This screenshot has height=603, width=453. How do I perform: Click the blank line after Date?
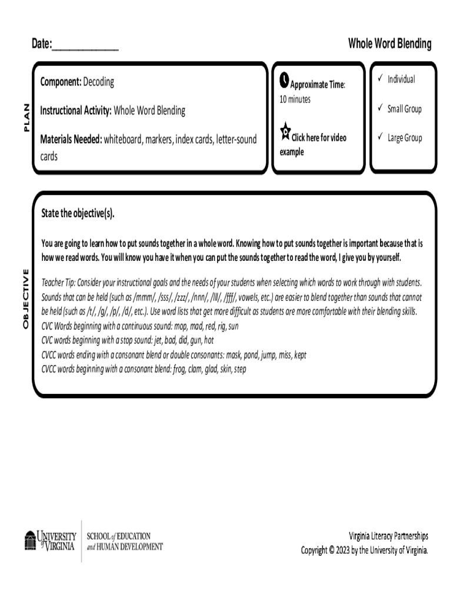[x=85, y=46]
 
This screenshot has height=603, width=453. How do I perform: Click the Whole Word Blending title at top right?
[x=389, y=44]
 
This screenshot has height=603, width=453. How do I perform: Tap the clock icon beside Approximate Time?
[x=284, y=79]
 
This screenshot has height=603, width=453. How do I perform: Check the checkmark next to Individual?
[x=381, y=79]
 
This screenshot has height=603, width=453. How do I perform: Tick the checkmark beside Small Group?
[x=381, y=108]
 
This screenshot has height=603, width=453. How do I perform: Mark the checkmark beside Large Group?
[x=381, y=137]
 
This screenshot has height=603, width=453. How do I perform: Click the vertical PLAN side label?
[x=25, y=117]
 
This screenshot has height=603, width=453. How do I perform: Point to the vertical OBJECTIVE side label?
[x=25, y=299]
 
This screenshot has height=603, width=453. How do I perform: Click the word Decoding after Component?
[x=98, y=82]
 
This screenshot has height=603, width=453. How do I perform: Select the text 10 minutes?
[x=295, y=99]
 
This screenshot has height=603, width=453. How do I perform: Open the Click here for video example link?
[x=318, y=138]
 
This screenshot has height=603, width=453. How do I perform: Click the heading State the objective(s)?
[x=78, y=213]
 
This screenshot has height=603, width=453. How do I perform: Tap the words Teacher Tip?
[x=58, y=281]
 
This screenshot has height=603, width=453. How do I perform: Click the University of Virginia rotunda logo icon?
[x=30, y=541]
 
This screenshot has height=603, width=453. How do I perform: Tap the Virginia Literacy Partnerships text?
[x=388, y=536]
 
